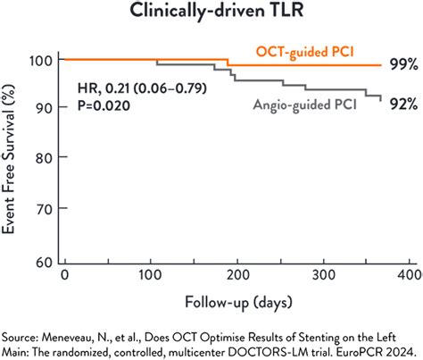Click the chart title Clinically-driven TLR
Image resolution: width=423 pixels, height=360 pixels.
pos(211,13)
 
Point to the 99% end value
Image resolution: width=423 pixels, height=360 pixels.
pos(402,65)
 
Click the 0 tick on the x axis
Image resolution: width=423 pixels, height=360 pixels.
pos(62,272)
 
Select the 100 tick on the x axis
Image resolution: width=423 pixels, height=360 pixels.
pos(149,272)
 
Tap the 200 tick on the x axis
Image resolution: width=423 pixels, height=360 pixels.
pos(236,272)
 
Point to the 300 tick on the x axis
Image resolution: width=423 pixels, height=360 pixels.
pos(321,272)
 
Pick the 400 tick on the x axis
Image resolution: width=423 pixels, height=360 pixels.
pos(407,272)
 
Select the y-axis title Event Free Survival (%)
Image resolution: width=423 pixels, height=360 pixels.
pos(12,161)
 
